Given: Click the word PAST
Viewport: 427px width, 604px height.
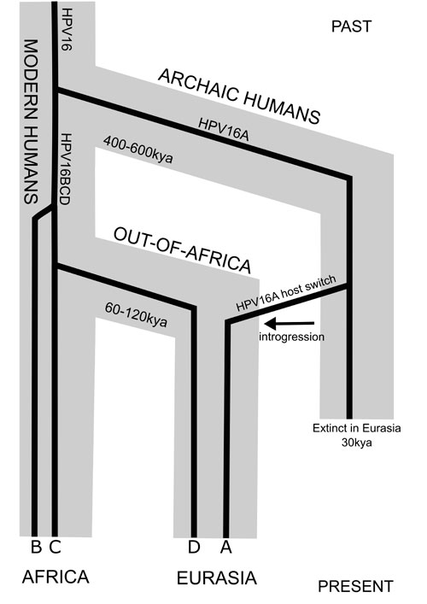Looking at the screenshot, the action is point(351,26).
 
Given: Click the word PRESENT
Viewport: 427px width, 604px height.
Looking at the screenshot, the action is point(356,586).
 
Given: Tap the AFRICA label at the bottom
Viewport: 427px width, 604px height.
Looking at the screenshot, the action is point(56,577).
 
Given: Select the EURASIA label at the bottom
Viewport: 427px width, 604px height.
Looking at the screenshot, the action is point(217,578).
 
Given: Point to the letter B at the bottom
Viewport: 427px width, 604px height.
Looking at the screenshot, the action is point(36,547).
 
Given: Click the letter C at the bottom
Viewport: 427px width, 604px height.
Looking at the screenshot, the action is point(55,547).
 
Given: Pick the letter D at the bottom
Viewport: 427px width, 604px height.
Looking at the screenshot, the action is point(194,547).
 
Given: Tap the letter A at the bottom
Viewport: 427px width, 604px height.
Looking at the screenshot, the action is point(226,547).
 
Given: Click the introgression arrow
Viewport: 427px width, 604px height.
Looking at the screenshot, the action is point(290,323).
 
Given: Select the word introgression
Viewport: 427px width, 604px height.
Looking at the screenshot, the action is point(291,337).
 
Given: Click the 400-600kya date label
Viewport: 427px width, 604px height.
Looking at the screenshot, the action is point(137,150).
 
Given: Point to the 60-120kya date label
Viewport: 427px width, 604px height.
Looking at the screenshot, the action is point(136,314).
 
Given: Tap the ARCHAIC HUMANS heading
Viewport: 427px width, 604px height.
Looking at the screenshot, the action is point(239,97).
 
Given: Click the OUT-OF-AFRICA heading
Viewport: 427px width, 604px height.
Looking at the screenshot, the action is point(182,249).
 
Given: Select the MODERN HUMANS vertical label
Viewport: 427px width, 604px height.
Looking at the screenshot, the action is point(31,121).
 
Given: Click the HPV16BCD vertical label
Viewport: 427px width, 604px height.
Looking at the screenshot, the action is point(66,169).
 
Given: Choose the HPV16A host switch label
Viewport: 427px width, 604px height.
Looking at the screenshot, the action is point(286,293).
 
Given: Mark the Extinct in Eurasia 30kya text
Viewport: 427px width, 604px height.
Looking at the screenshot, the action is point(356,435).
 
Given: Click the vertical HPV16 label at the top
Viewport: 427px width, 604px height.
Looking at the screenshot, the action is point(67,30).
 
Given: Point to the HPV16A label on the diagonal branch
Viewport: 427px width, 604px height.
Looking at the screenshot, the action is point(223,130).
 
